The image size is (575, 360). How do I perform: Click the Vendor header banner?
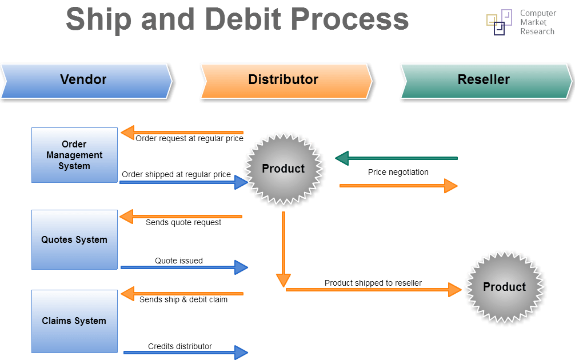pyautogui.click(x=86, y=80)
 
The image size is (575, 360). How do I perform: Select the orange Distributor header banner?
pyautogui.click(x=284, y=80)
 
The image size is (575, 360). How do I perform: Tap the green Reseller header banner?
pyautogui.click(x=485, y=80)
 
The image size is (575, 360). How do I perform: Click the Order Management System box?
pyautogui.click(x=74, y=155)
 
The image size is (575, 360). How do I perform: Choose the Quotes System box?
pyautogui.click(x=74, y=240)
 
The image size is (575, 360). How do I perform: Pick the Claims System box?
pyautogui.click(x=74, y=321)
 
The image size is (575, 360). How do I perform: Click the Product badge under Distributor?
pyautogui.click(x=283, y=169)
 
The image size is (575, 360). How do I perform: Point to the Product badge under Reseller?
pyautogui.click(x=504, y=287)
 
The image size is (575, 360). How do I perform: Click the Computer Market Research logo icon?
pyautogui.click(x=499, y=22)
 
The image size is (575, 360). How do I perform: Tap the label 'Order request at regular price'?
pyautogui.click(x=189, y=138)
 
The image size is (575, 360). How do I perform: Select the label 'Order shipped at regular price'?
pyautogui.click(x=176, y=174)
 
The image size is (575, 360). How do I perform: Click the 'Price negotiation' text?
pyautogui.click(x=398, y=172)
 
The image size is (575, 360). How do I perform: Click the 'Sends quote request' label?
pyautogui.click(x=183, y=222)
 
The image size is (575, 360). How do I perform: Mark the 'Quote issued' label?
pyautogui.click(x=178, y=261)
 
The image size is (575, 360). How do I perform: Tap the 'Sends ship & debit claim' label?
pyautogui.click(x=183, y=299)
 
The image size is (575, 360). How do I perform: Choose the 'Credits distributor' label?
pyautogui.click(x=179, y=346)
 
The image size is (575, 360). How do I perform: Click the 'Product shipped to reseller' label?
pyautogui.click(x=373, y=283)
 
